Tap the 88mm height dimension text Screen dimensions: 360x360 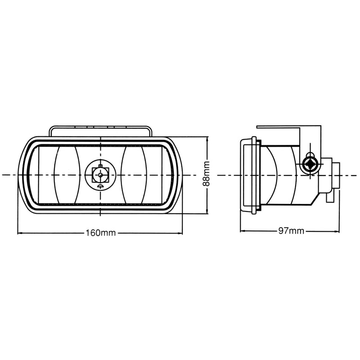[207, 175]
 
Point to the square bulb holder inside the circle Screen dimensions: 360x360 [99, 173]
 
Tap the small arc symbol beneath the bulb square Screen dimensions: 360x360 [100, 184]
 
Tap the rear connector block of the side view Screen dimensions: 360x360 [336, 174]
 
